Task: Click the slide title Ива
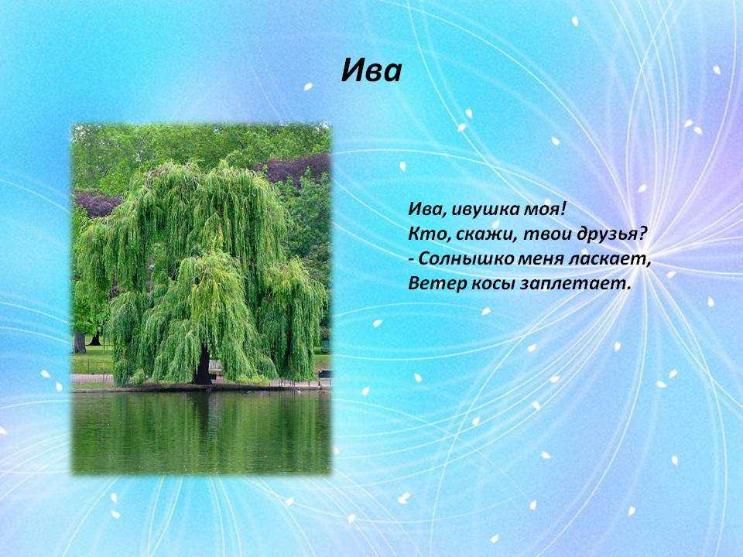371,71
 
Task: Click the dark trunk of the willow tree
204,366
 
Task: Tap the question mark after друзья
641,233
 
